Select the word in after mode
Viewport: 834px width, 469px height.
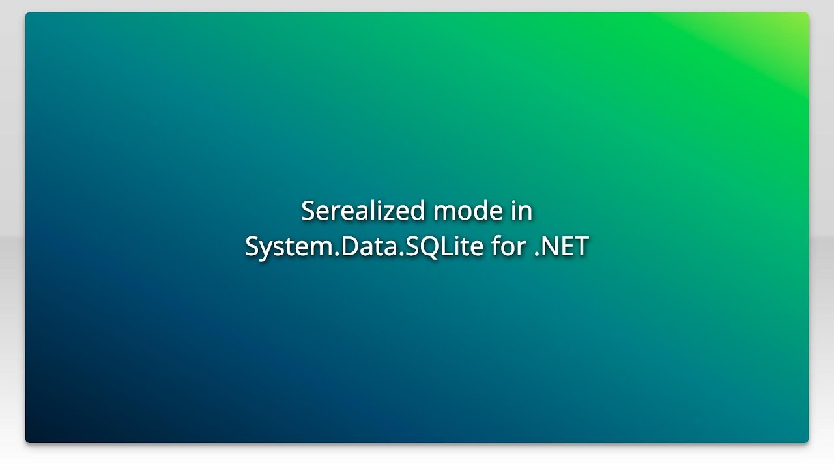pyautogui.click(x=521, y=211)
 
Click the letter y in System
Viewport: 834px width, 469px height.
pyautogui.click(x=265, y=249)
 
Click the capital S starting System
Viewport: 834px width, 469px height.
pyautogui.click(x=252, y=246)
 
